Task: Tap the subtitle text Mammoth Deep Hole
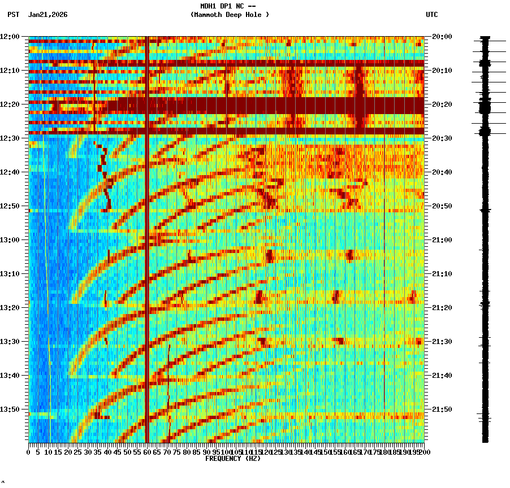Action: [x=230, y=15]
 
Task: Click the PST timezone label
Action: [x=13, y=15]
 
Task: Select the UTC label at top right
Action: [x=431, y=15]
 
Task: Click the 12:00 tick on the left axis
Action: [x=10, y=37]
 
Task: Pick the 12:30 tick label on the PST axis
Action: [x=10, y=138]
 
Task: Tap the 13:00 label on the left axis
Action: [x=10, y=240]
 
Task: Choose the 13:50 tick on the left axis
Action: [x=10, y=409]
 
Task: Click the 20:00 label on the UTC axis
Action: [x=442, y=37]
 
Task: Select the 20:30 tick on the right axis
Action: [x=442, y=138]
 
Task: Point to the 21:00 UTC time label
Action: [x=442, y=240]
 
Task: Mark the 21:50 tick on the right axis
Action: [x=442, y=409]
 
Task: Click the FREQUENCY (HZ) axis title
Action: [x=232, y=459]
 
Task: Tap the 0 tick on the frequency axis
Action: [x=29, y=452]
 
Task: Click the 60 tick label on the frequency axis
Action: [x=147, y=452]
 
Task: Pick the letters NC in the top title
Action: [x=240, y=6]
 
